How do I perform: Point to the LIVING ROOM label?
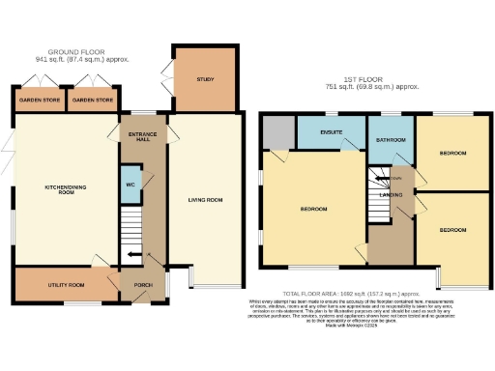[x=205, y=200]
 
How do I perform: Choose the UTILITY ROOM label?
[x=67, y=285]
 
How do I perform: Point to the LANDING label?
[x=391, y=195]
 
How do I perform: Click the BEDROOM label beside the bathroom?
[x=451, y=153]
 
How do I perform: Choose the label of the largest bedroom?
[x=311, y=209]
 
